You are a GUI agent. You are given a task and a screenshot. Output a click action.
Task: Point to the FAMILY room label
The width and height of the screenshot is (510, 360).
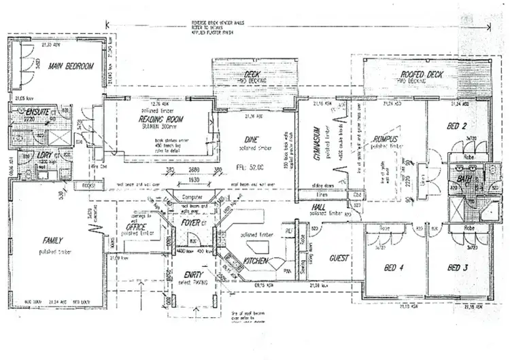coord(53,241)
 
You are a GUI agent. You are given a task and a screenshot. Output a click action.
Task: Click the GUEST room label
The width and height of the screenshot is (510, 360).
coord(339,259)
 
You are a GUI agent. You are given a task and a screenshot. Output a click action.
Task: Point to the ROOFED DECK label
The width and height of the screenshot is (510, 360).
coord(422,73)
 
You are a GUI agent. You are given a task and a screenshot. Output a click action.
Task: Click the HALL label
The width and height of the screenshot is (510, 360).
coord(320,207)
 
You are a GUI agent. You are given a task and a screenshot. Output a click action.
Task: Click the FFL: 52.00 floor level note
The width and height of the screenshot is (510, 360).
coord(261,165)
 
